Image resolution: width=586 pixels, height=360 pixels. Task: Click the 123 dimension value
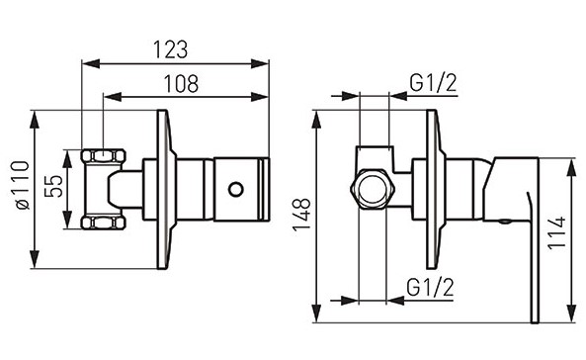170,49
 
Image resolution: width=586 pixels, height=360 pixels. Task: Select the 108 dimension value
181,84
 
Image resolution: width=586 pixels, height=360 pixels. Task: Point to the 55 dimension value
53,186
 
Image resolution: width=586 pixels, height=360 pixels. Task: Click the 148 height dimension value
302,215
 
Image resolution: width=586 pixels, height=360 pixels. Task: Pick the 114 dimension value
557,232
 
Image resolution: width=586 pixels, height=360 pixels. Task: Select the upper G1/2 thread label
433,83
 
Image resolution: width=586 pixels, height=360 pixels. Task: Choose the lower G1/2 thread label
430,287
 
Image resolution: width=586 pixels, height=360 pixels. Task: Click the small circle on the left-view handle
235,189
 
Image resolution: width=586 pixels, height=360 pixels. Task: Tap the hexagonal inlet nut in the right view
373,189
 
